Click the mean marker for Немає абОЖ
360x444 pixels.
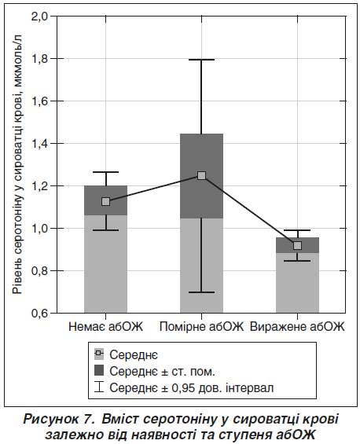[105, 202]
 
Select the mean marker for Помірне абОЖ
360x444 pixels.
[201, 176]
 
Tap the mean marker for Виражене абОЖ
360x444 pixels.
[297, 245]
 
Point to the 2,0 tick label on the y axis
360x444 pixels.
[39, 17]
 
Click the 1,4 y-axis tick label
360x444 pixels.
[39, 144]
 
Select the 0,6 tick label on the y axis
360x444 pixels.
[39, 314]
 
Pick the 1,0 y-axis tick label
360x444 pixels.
[39, 228]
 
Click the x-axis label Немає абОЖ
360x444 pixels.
[106, 327]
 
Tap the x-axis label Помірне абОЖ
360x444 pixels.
[201, 327]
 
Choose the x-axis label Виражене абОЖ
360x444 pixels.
[297, 327]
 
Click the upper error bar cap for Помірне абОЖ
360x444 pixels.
[201, 60]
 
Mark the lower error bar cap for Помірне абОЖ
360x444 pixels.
[201, 292]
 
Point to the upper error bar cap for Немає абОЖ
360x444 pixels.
[105, 172]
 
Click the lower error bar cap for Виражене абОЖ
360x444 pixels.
[297, 261]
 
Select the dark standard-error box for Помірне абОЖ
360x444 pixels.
[201, 176]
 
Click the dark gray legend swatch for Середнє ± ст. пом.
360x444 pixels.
[99, 370]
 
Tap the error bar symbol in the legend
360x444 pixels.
[99, 387]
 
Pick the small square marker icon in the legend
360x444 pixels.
[99, 353]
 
